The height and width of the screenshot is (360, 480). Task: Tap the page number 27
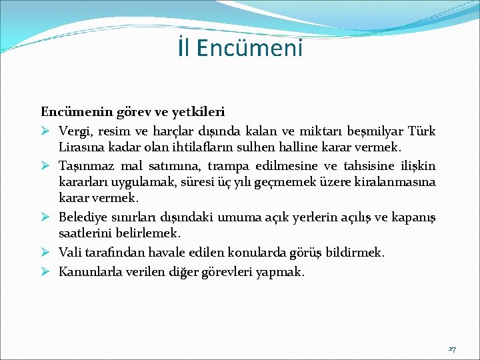[x=452, y=349]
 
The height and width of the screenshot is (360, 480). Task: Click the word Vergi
[x=74, y=130]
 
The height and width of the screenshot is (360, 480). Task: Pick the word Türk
[x=421, y=130]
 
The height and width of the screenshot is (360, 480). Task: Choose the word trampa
[x=229, y=165]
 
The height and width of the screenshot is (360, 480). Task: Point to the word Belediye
[x=83, y=217]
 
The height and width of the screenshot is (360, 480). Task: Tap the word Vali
[x=70, y=252]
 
